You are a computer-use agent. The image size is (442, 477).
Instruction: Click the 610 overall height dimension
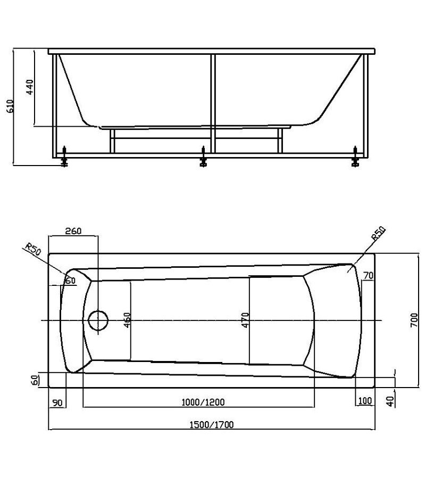10,106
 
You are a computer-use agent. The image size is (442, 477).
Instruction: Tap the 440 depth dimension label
30,87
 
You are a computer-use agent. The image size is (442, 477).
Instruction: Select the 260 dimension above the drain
73,231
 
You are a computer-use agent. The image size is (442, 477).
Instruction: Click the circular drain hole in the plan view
98,320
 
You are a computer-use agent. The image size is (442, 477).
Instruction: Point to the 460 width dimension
127,320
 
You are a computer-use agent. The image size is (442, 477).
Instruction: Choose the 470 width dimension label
246,320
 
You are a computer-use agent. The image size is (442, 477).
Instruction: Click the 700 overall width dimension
414,320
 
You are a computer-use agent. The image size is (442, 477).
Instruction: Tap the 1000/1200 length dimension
203,402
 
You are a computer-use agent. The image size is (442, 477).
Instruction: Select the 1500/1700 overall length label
212,425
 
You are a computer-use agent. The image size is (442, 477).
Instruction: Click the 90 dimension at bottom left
57,403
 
